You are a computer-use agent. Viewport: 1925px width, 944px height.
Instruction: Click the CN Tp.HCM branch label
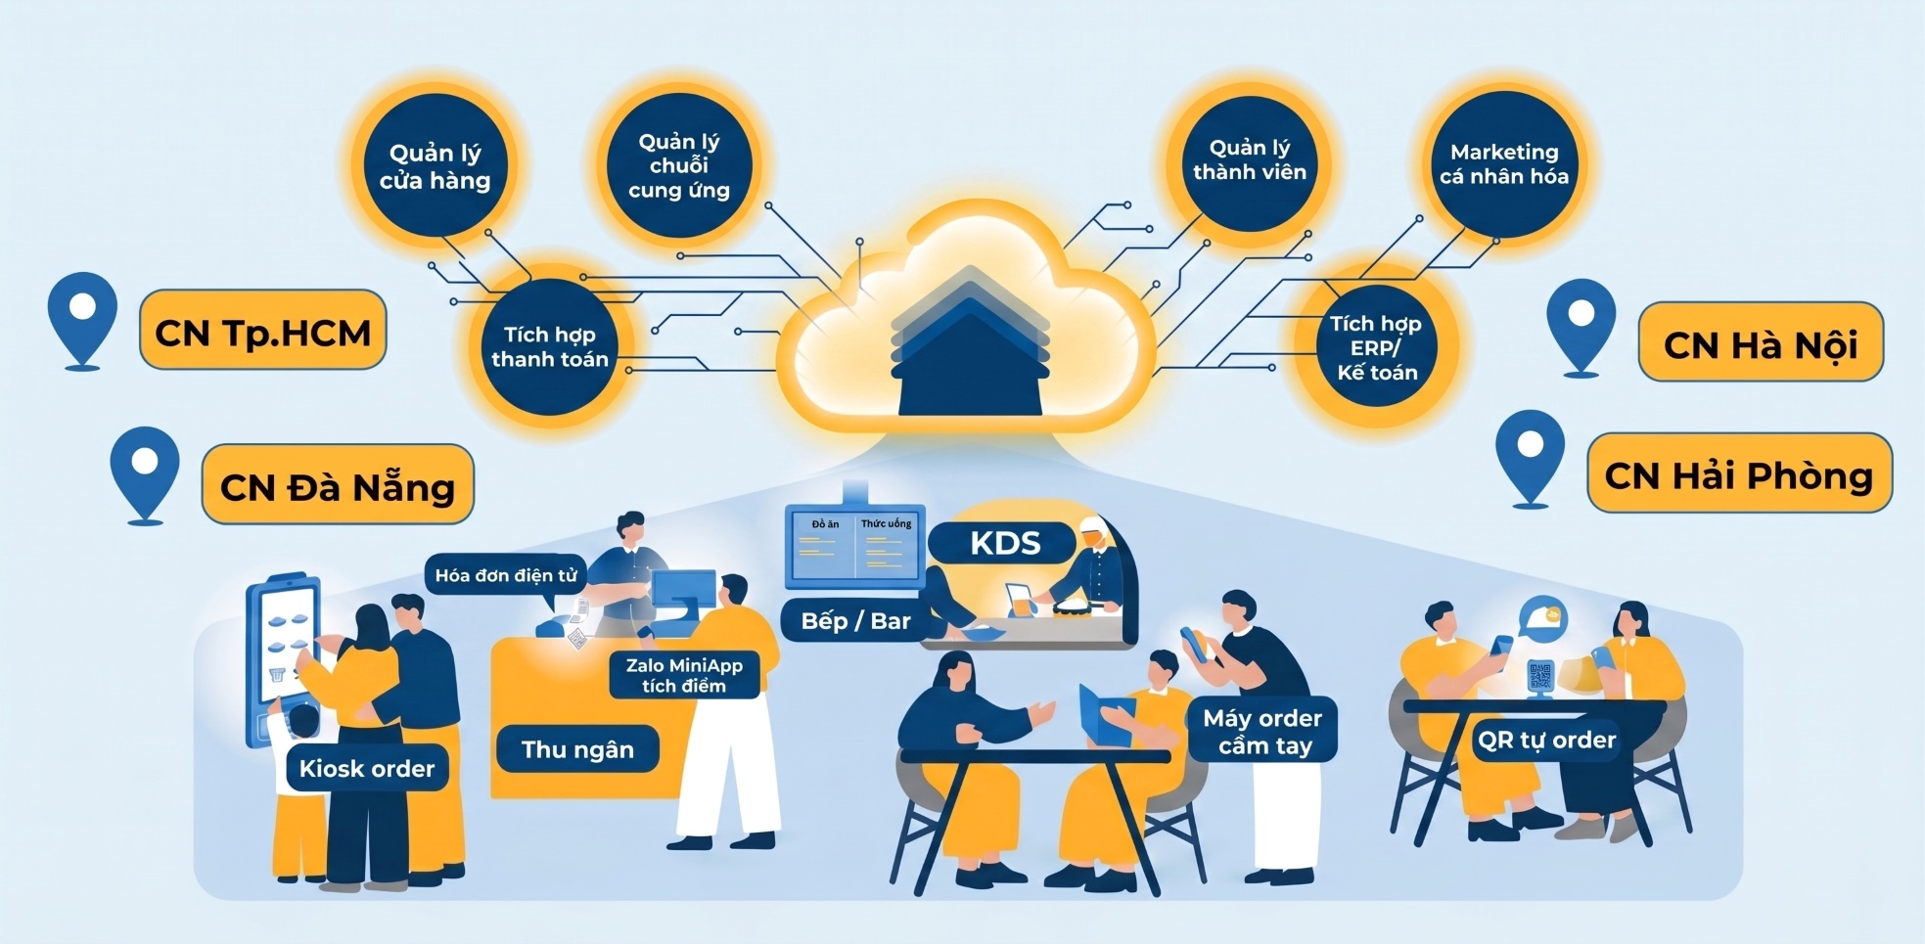263,330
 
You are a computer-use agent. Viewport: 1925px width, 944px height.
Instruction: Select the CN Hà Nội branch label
1761,341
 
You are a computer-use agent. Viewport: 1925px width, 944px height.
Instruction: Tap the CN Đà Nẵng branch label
338,484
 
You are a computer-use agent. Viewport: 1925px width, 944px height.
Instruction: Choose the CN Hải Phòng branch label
1739,472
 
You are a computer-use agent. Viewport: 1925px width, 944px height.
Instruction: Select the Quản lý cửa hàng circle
435,165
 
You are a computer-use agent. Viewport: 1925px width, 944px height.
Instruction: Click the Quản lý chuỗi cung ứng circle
679,164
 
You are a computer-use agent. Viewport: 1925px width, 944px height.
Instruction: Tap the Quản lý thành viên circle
1250,161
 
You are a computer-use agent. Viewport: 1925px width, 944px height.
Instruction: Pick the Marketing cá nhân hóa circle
1504,163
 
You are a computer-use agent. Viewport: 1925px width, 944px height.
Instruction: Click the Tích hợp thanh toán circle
550,346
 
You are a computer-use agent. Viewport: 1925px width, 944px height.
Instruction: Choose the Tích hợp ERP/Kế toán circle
1376,347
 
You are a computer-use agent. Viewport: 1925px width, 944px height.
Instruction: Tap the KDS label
1004,543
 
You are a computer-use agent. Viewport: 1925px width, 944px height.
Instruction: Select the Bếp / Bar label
855,620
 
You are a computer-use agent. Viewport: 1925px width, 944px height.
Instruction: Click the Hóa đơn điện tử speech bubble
506,575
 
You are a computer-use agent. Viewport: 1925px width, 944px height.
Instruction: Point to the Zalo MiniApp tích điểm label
684,675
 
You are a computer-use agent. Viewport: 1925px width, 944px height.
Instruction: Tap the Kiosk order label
367,769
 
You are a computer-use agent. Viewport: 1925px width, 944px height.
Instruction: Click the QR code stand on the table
1540,677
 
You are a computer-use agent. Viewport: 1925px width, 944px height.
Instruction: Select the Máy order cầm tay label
1262,731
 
